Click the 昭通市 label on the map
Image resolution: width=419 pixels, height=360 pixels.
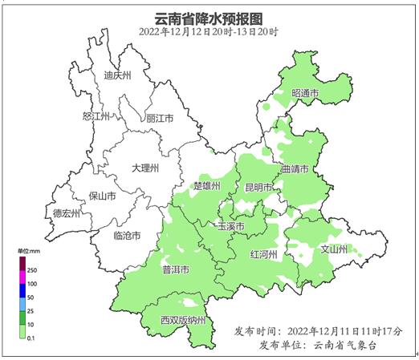coord(305,94)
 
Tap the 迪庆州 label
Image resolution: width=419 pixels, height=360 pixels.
coord(117,77)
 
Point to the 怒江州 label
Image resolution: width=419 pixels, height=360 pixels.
coord(96,117)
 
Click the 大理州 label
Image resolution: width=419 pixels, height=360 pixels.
coord(145,168)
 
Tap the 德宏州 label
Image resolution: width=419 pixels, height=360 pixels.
coord(67,213)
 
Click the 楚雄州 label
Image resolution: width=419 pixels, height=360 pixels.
coord(208,186)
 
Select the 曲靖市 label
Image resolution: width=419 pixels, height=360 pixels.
coord(296,170)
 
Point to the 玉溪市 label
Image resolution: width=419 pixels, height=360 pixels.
coord(230,227)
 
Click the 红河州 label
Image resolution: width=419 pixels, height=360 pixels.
coord(263,254)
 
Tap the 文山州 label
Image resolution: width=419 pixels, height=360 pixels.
coord(334,249)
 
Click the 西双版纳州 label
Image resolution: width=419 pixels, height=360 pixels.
coord(183,321)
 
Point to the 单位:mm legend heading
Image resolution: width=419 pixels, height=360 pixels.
coord(28,252)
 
